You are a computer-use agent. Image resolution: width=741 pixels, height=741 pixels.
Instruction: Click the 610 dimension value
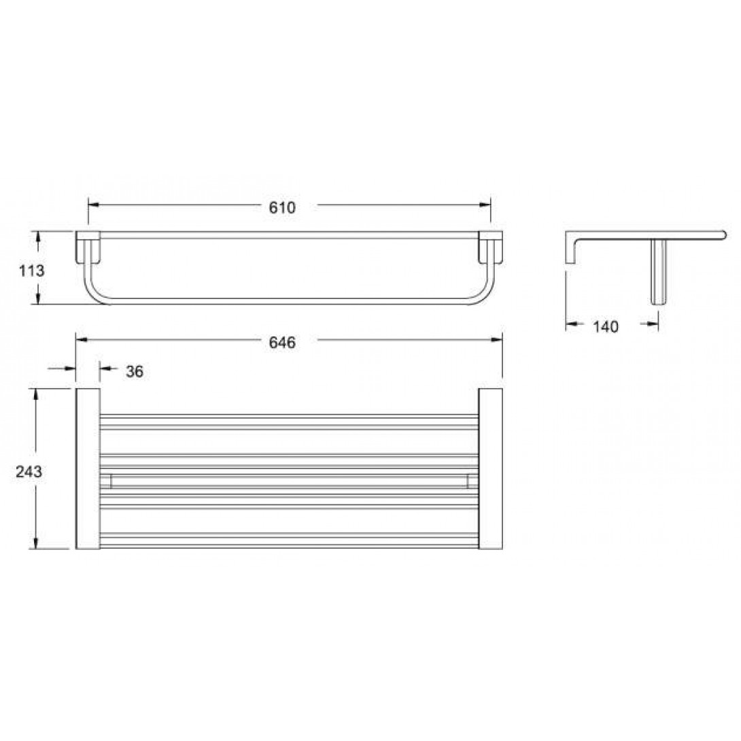tap(282, 207)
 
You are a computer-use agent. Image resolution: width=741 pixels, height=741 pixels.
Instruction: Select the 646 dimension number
tap(282, 342)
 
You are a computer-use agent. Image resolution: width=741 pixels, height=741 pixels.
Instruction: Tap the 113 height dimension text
tap(31, 271)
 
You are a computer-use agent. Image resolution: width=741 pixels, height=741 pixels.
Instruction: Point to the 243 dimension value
tap(29, 471)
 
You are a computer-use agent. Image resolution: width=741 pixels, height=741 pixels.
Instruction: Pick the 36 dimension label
tap(134, 371)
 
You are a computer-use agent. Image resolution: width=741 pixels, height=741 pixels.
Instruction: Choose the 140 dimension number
tap(605, 326)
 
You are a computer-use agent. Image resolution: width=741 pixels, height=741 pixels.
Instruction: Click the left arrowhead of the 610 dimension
tap(94, 205)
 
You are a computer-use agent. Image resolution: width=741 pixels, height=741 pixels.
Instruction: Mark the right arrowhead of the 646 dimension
tap(497, 339)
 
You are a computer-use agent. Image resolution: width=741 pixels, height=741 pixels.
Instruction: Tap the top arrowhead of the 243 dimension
tap(35, 394)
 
